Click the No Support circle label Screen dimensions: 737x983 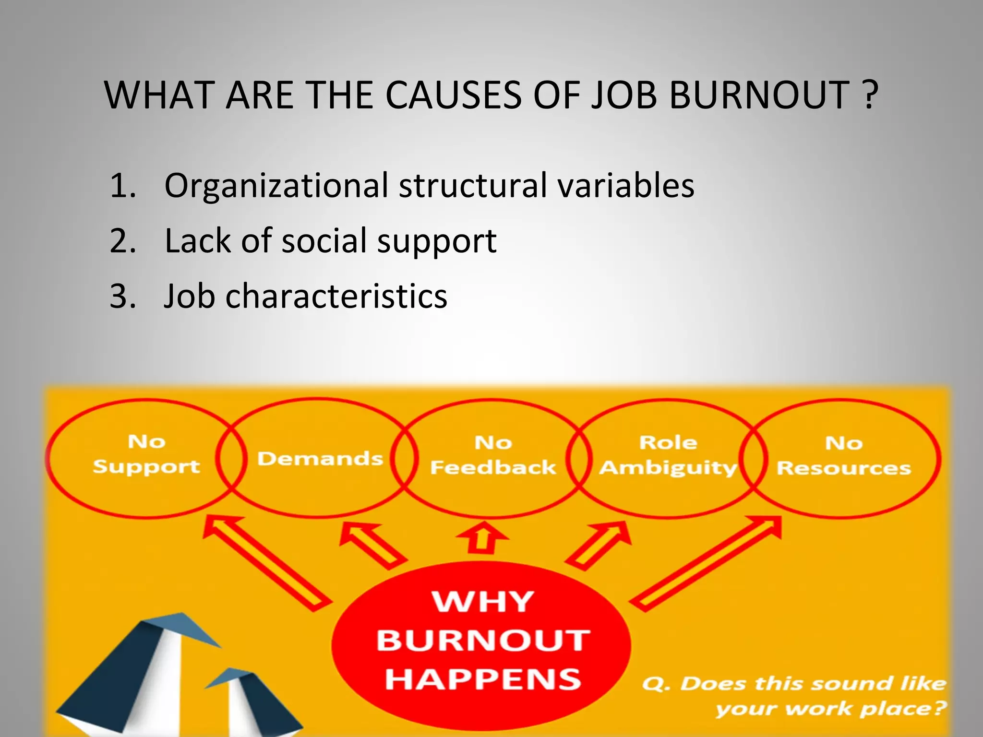146,454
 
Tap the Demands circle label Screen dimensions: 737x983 320,459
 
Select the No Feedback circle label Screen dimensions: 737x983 493,455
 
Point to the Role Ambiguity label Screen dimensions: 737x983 668,455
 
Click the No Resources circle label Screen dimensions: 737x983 843,456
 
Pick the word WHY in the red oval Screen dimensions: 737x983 483,602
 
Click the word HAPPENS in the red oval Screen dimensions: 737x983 483,680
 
